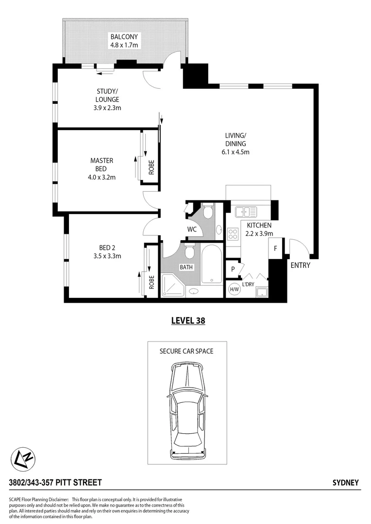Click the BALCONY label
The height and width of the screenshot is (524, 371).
tap(124, 37)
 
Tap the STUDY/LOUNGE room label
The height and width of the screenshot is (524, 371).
tap(107, 96)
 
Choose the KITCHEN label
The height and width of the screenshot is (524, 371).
tap(259, 225)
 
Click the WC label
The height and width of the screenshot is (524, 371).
tap(192, 229)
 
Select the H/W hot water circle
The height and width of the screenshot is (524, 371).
tap(234, 289)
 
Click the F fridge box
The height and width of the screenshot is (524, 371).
tap(275, 249)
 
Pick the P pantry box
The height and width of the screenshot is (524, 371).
tap(233, 269)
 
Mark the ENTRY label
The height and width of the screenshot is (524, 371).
tap(300, 265)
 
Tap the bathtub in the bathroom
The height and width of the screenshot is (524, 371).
tap(212, 264)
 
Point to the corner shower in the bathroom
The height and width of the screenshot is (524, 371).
tap(172, 284)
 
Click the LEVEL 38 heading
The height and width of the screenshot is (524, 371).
tap(188, 320)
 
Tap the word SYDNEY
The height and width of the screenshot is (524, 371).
tap(345, 482)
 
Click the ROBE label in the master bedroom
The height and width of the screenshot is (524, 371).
tap(152, 167)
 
